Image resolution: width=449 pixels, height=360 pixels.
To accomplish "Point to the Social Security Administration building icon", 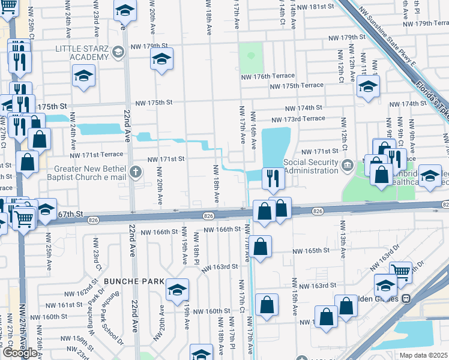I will click(x=348, y=164).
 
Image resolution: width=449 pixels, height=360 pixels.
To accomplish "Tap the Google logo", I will click(x=20, y=352).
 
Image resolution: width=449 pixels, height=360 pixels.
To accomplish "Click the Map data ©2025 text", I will click(x=424, y=355).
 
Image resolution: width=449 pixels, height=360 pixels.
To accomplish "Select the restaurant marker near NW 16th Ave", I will click(x=273, y=178).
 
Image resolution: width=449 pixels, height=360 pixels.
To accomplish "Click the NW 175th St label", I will click(x=149, y=103).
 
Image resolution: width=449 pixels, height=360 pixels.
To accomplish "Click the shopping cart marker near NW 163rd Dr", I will click(x=400, y=273).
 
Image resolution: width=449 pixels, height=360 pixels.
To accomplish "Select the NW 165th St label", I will click(x=311, y=251).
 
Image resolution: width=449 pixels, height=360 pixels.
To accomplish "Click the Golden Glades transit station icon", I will click(x=406, y=298).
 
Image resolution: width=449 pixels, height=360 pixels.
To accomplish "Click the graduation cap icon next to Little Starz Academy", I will click(x=119, y=52).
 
